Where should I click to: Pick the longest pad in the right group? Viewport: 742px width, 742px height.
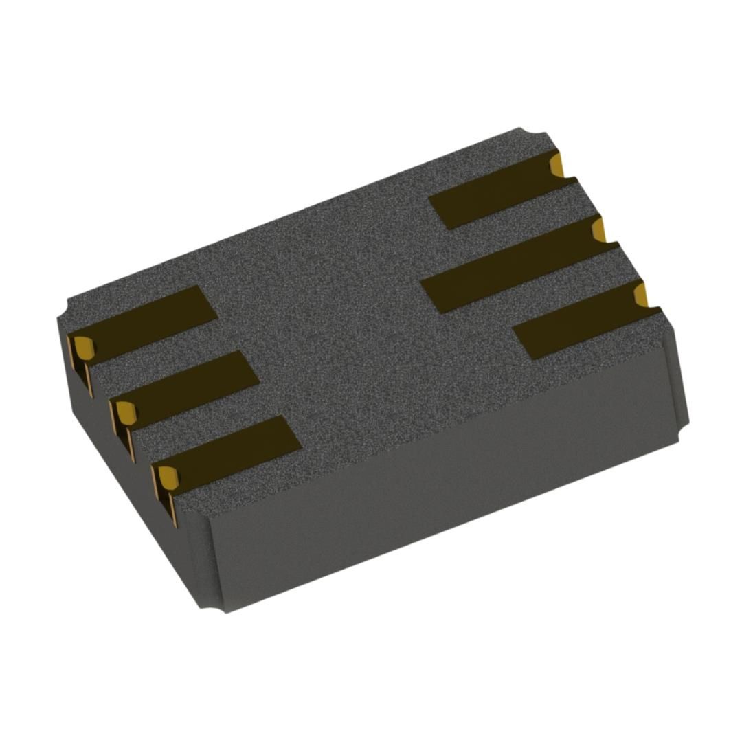click(x=508, y=265)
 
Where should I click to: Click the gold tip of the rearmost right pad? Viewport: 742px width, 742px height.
click(x=557, y=164)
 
